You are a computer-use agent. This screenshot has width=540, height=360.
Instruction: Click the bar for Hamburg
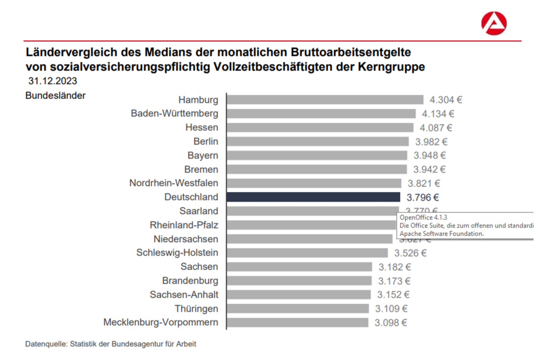click(x=325, y=99)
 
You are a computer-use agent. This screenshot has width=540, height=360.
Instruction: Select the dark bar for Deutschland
click(x=313, y=197)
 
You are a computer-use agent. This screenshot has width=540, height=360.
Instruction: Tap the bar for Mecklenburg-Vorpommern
click(x=298, y=322)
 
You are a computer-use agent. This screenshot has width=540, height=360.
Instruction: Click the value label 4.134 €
click(x=438, y=114)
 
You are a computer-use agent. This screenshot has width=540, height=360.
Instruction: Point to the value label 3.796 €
click(x=423, y=197)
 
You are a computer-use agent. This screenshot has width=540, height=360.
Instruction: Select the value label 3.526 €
click(x=410, y=253)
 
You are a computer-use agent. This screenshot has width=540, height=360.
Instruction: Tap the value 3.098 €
click(x=391, y=322)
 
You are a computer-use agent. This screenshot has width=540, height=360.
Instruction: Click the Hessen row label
click(x=202, y=127)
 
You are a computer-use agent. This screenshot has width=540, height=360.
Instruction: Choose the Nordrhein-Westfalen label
click(x=174, y=183)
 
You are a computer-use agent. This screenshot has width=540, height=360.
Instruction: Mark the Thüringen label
click(x=197, y=308)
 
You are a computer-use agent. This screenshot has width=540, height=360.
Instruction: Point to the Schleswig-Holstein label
click(x=177, y=252)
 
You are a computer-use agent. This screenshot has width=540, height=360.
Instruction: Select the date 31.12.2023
click(x=53, y=81)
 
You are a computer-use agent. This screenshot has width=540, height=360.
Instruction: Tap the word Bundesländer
click(x=56, y=95)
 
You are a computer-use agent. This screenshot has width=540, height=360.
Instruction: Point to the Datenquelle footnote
click(x=111, y=344)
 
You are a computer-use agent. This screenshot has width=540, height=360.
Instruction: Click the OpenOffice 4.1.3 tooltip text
click(x=423, y=217)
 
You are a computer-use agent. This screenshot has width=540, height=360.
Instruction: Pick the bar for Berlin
click(x=317, y=141)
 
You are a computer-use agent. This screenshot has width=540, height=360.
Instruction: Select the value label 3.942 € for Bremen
click(x=429, y=169)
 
